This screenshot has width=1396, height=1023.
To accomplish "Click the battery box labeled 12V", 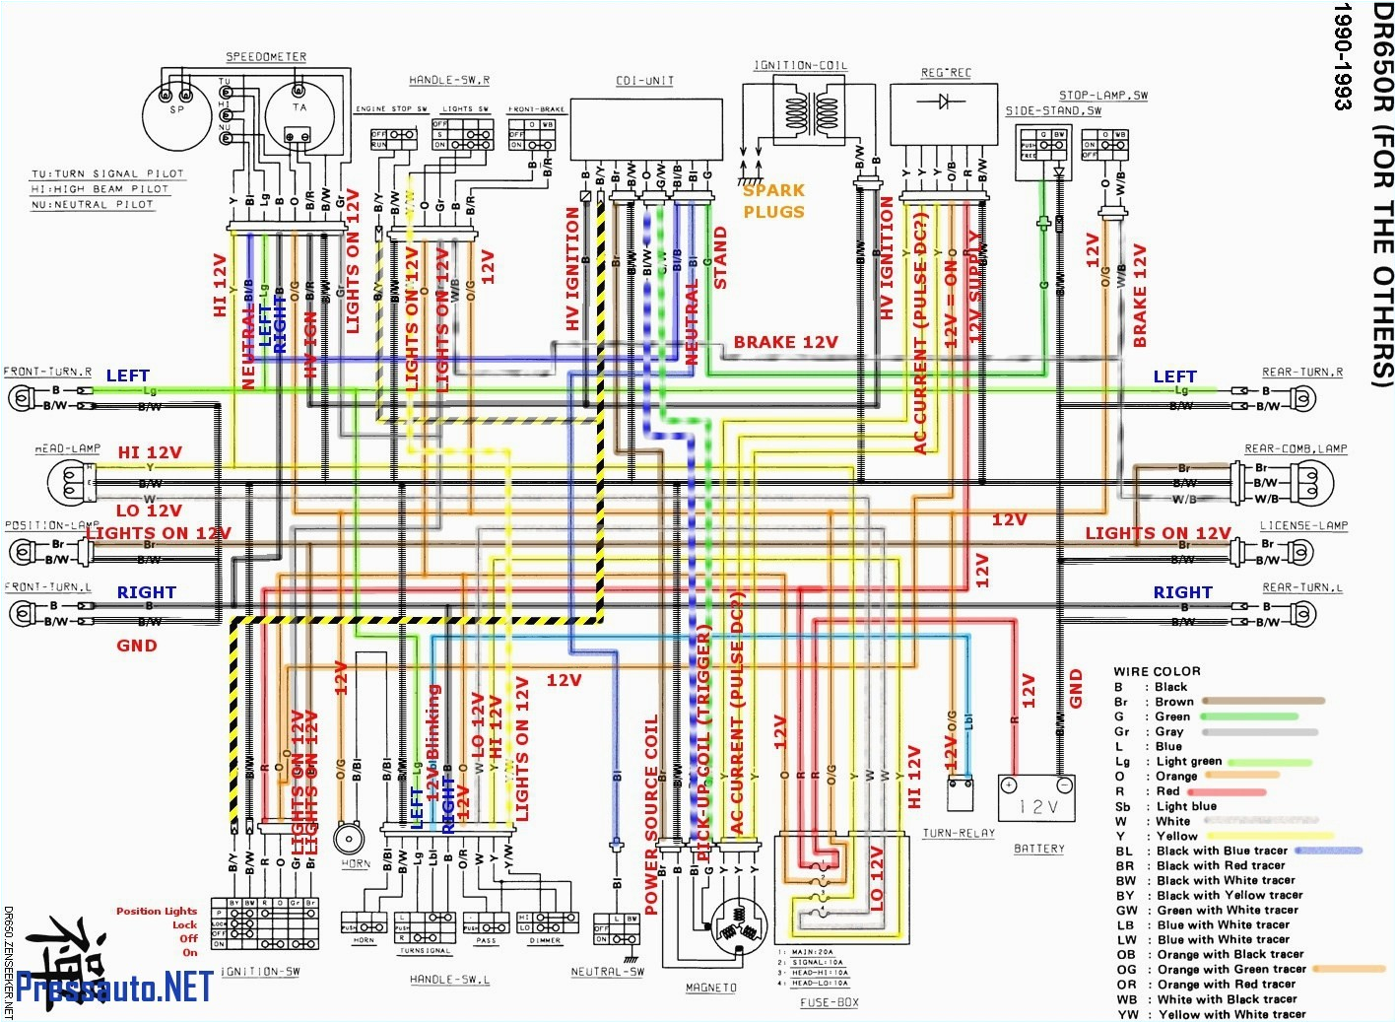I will [1036, 798].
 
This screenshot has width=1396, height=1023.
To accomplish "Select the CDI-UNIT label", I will [644, 81].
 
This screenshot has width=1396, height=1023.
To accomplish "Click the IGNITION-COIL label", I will [800, 66].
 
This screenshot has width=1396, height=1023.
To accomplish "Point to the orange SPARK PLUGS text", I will [773, 201].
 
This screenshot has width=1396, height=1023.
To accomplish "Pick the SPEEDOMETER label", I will [266, 57].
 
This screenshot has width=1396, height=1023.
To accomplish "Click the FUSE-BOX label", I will [829, 1002].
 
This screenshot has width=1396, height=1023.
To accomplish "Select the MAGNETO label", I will [710, 987].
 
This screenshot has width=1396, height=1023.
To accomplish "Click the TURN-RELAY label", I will [959, 833].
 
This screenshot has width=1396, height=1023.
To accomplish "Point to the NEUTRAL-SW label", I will [607, 971].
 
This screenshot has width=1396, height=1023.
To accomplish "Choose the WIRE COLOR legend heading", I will [1157, 671].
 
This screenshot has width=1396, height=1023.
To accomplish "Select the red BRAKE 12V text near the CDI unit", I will [785, 342].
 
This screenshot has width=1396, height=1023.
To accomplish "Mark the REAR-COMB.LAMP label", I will [1296, 448].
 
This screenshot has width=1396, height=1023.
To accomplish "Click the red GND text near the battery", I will [1076, 688].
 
